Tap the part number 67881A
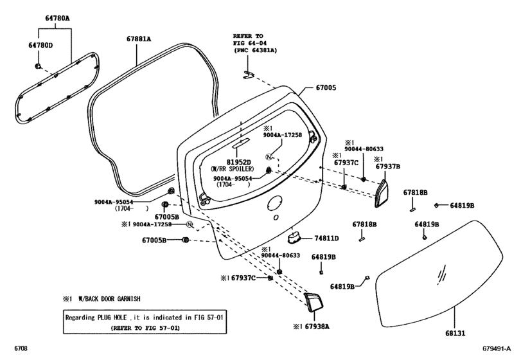(x=138, y=39)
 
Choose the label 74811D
(x=327, y=238)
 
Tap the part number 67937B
(x=388, y=166)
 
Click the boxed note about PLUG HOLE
(x=145, y=323)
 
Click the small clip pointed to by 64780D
(x=38, y=66)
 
